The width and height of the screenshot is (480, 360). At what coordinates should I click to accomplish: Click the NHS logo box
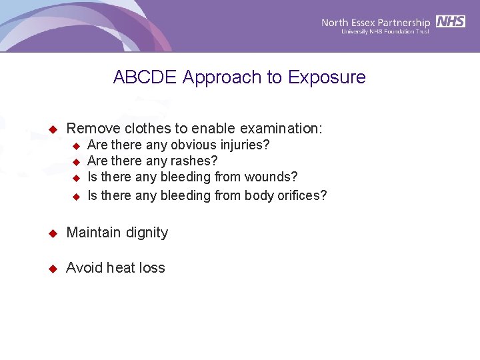click(x=451, y=21)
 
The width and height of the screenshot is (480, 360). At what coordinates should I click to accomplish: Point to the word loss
click(x=152, y=268)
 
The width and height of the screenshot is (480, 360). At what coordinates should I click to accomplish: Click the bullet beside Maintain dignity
click(x=53, y=233)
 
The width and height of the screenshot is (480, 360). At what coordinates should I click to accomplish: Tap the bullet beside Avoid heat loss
click(x=53, y=269)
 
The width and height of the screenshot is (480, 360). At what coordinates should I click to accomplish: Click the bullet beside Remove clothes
click(x=53, y=129)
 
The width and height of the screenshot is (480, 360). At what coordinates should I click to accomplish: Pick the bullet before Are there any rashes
click(x=76, y=161)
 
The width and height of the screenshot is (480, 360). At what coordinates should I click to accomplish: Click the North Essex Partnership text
click(x=375, y=22)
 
